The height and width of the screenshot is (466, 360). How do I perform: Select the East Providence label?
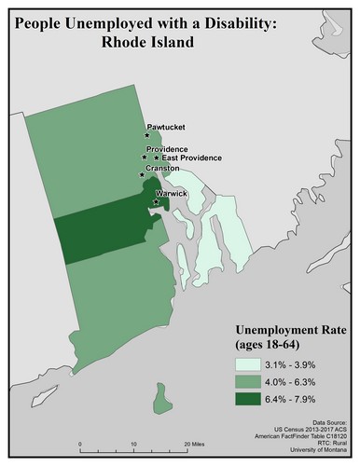click(x=189, y=158)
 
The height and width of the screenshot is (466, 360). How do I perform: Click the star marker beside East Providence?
click(x=157, y=158)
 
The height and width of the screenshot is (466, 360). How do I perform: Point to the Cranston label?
click(x=161, y=169)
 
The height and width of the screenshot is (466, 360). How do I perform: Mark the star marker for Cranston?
click(x=142, y=174)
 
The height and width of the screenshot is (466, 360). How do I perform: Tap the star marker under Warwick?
click(x=155, y=200)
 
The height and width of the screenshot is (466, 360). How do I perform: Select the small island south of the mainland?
click(x=165, y=401)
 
